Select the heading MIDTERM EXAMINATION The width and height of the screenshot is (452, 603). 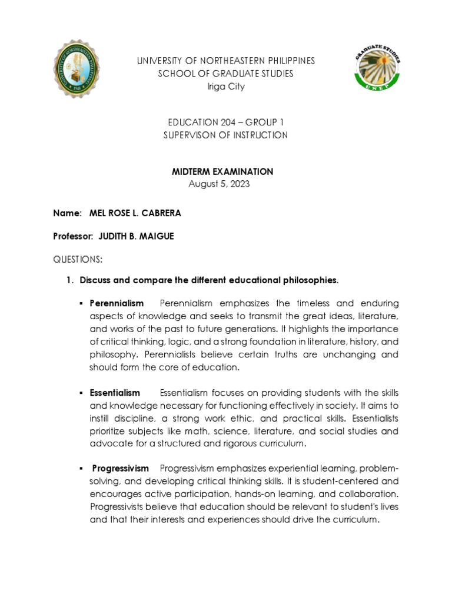click(222, 171)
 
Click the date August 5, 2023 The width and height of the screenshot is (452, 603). click(219, 184)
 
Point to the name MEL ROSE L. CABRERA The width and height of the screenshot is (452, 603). click(135, 213)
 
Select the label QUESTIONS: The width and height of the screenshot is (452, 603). click(78, 259)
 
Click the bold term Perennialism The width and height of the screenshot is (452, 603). click(117, 303)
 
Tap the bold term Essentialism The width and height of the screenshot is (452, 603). click(115, 393)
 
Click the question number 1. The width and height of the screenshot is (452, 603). click(69, 280)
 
